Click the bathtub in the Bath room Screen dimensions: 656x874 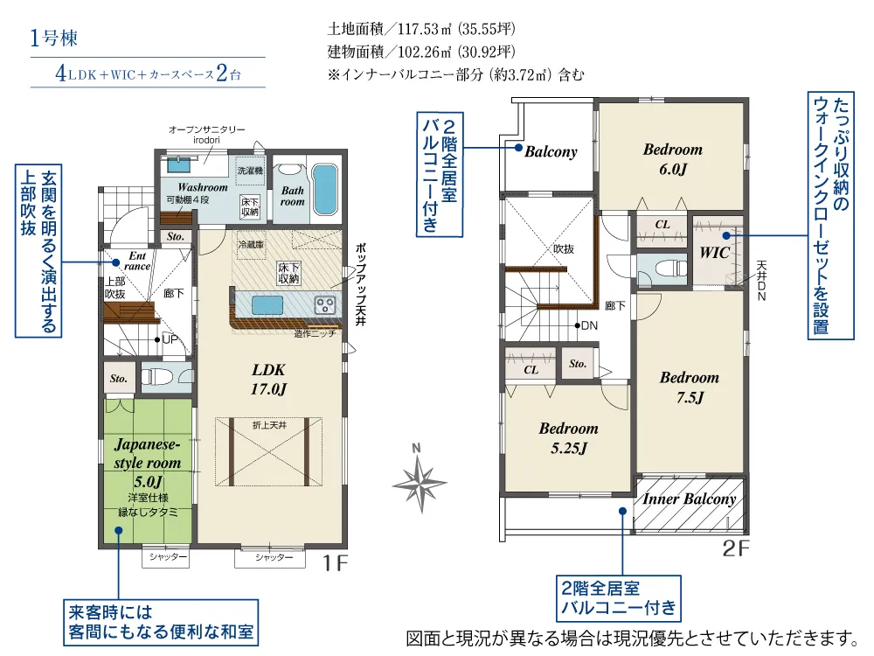click(x=324, y=188)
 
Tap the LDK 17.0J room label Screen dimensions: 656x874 click(x=270, y=379)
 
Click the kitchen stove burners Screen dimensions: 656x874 click(x=324, y=305)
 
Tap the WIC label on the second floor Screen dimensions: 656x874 click(x=715, y=253)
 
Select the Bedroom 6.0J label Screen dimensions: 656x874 click(x=672, y=158)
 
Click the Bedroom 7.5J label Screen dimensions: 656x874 click(x=689, y=387)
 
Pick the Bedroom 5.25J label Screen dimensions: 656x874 click(x=568, y=438)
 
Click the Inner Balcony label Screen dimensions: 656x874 click(x=690, y=499)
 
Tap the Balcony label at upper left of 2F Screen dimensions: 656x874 click(x=551, y=151)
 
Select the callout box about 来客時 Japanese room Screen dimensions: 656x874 click(x=161, y=621)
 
